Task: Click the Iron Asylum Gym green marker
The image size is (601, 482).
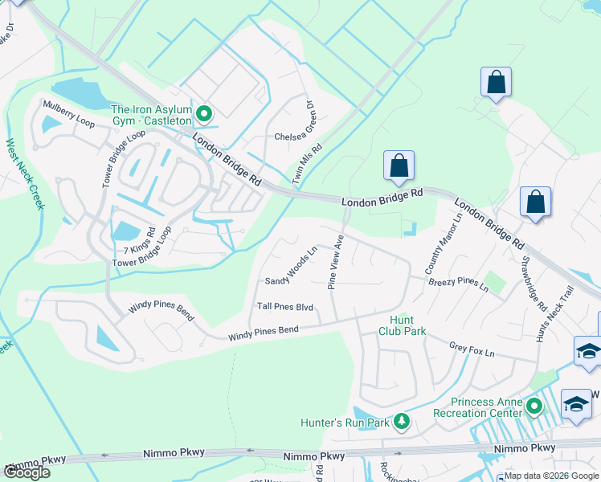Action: click(204, 115)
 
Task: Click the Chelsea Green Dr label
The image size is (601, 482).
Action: click(297, 137)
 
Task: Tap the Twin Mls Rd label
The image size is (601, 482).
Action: click(308, 165)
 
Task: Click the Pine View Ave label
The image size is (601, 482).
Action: click(336, 262)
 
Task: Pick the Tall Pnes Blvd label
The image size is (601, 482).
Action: click(284, 307)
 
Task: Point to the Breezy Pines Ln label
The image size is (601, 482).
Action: click(458, 283)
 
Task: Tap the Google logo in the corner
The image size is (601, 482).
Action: click(27, 472)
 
